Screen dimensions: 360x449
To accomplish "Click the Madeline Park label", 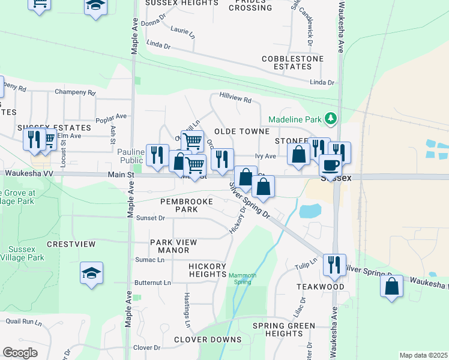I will click(295, 119).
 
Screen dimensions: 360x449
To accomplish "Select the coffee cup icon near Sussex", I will click(330, 164).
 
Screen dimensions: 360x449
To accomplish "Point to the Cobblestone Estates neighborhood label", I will click(293, 63).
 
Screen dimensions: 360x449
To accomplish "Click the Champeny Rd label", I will click(75, 92).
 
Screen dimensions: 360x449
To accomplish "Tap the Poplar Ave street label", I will click(113, 116).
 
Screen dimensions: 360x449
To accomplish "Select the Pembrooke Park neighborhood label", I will click(186, 206).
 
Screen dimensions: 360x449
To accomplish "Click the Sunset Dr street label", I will click(150, 218).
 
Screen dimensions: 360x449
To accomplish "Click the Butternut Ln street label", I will click(152, 282).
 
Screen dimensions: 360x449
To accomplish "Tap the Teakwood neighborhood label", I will click(321, 287).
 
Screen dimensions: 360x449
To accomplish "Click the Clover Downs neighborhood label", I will click(208, 340).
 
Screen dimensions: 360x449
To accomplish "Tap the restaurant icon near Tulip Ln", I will click(334, 265).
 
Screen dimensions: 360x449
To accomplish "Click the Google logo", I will click(20, 353).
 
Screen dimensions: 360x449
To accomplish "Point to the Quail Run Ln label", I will click(24, 322).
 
